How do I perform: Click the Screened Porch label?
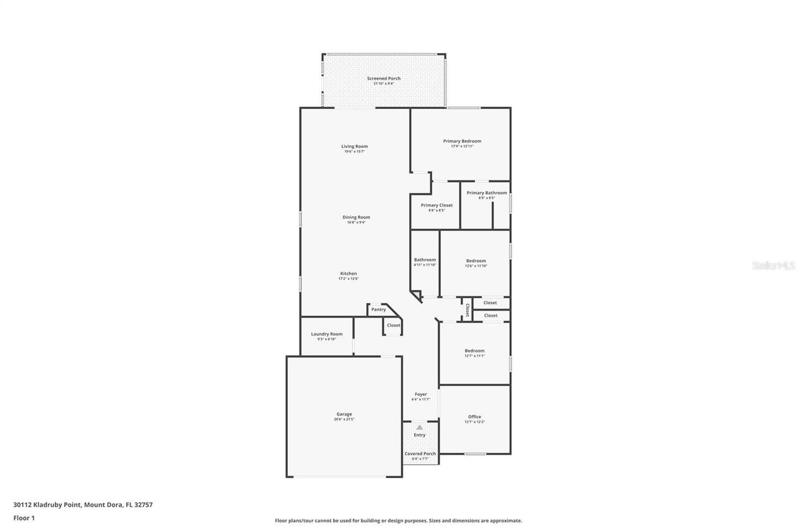384,78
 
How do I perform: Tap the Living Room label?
354,146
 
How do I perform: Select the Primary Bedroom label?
462,141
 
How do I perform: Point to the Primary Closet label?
436,205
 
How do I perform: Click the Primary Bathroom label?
486,193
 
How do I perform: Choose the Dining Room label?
356,217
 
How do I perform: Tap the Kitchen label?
348,274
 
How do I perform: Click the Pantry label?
379,309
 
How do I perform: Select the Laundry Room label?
327,334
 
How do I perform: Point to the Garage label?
344,414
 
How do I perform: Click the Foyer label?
421,394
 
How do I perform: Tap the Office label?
474,417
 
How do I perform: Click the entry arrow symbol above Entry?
420,428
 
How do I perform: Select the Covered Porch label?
420,454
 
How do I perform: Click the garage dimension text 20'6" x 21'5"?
344,420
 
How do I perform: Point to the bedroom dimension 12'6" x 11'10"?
476,266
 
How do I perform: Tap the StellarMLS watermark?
773,265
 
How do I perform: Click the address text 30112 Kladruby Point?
47,505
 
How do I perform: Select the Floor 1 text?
24,518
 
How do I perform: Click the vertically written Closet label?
467,310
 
